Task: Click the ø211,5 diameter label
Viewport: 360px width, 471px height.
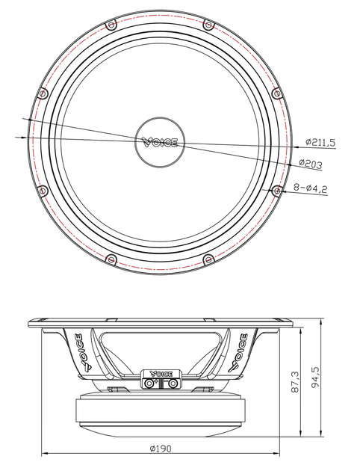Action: pyautogui.click(x=320, y=142)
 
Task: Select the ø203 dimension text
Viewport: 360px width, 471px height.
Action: pyautogui.click(x=311, y=164)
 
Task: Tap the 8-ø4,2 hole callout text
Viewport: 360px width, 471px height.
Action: pyautogui.click(x=310, y=188)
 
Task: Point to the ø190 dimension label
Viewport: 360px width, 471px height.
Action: pyautogui.click(x=161, y=449)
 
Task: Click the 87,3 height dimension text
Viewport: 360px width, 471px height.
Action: pyautogui.click(x=295, y=382)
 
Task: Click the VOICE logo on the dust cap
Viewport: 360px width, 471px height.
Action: pyautogui.click(x=160, y=142)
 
